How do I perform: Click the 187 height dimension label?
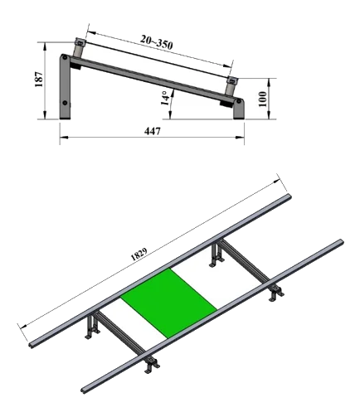[39, 80]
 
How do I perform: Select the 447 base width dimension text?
[152, 131]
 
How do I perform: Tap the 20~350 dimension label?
[156, 42]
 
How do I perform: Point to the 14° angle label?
[165, 99]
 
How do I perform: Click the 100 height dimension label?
[262, 99]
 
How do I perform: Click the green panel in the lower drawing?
[168, 303]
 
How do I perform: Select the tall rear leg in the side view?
[65, 86]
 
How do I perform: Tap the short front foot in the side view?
[239, 109]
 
